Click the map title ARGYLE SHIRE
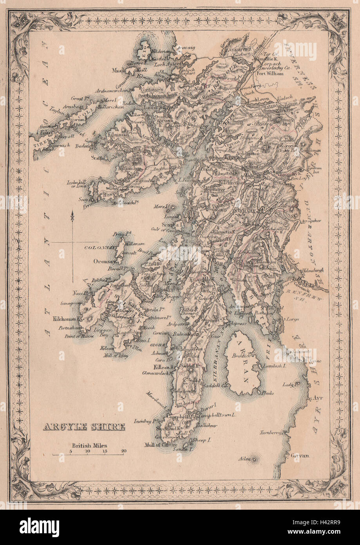[x=83, y=427]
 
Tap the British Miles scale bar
[x=89, y=454]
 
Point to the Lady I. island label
[x=289, y=385]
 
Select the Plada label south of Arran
[x=268, y=392]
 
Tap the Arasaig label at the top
[x=175, y=47]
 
